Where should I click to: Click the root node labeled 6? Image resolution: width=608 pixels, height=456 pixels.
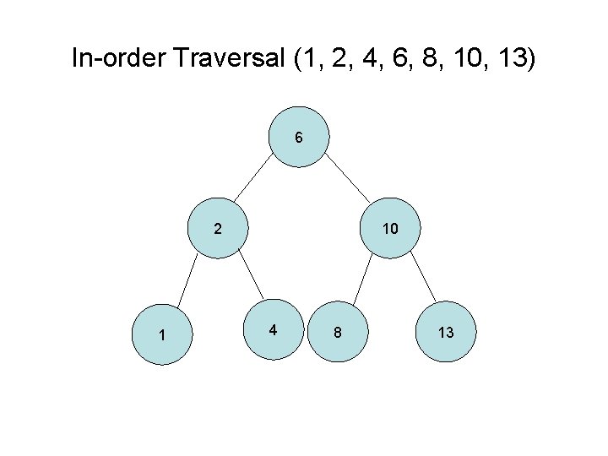tap(299, 137)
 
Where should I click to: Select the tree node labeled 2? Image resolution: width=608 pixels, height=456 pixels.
tap(218, 228)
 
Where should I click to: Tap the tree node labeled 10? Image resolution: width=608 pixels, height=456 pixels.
tap(389, 228)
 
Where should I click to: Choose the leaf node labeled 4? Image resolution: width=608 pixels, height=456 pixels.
tap(272, 329)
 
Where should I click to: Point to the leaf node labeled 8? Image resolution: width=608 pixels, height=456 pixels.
tap(337, 333)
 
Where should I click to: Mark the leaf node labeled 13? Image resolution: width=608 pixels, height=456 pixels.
tap(446, 333)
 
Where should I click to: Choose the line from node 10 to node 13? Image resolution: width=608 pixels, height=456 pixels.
tap(418, 279)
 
